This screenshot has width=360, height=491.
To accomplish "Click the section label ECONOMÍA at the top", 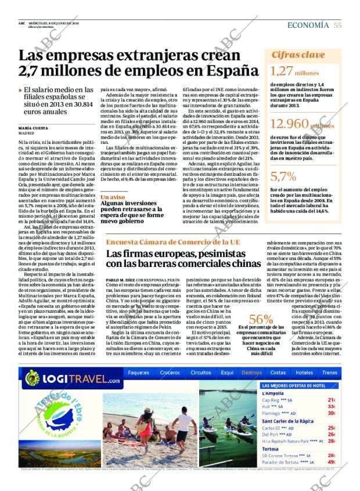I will click(308, 25).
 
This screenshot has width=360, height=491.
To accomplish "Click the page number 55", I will click(337, 25).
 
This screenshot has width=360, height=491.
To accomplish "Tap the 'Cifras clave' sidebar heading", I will click(298, 55).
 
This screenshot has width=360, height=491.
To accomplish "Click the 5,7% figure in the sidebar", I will click(283, 176).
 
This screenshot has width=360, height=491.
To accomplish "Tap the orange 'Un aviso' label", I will click(113, 197).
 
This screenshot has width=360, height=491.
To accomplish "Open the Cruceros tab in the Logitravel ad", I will click(170, 373).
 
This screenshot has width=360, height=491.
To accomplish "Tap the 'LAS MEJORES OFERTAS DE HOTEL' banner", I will click(294, 385).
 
